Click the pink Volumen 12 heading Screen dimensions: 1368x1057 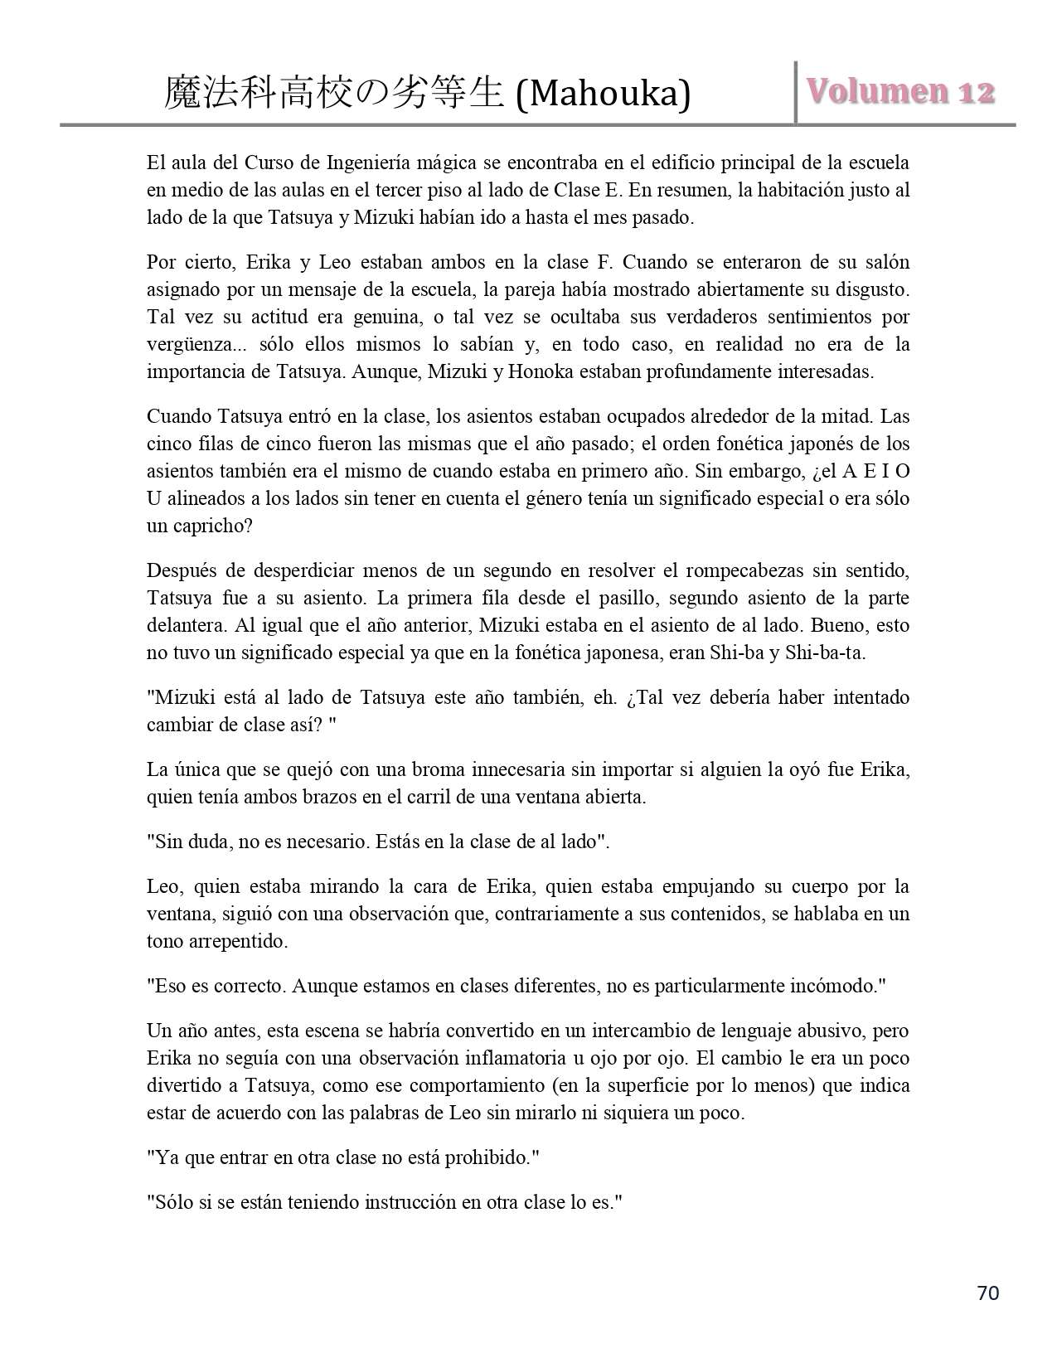pyautogui.click(x=900, y=91)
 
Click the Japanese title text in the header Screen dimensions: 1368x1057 pyautogui.click(x=334, y=94)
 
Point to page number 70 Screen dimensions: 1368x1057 pyautogui.click(x=988, y=1293)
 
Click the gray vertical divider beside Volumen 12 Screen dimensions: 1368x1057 pyautogui.click(x=796, y=93)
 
